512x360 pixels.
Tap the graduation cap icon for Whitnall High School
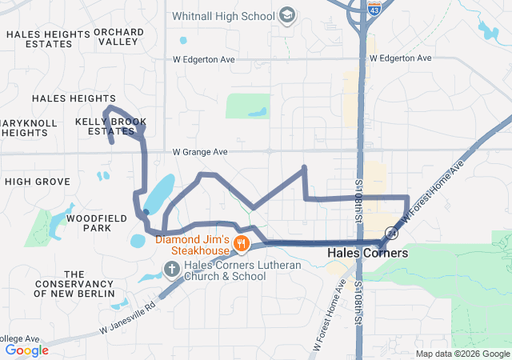[x=286, y=16]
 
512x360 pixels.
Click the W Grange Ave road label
[x=200, y=151]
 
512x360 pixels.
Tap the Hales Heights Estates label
[x=47, y=39]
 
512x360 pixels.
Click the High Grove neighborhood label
[x=38, y=182]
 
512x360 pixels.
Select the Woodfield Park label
[x=88, y=222]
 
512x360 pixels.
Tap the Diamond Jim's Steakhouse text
[x=192, y=246]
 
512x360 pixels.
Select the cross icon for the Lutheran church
[x=170, y=268]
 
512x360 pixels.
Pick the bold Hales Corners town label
[x=368, y=253]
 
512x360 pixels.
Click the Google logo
[x=26, y=350]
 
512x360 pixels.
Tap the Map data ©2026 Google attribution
[x=462, y=354]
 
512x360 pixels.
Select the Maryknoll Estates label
[x=27, y=128]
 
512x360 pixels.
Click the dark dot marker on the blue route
[x=146, y=212]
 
